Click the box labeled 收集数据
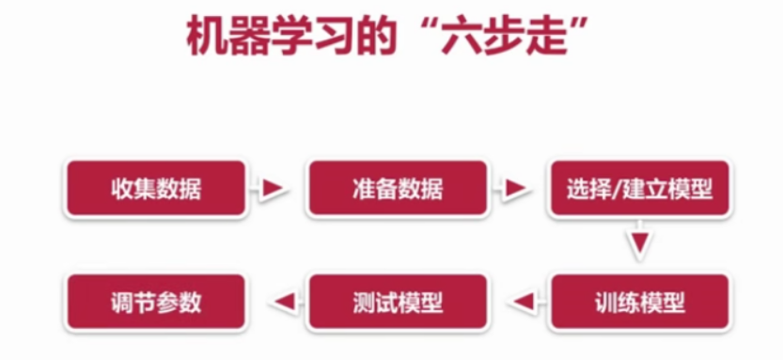pyautogui.click(x=155, y=189)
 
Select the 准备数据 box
pyautogui.click(x=398, y=189)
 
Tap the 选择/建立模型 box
pyautogui.click(x=640, y=189)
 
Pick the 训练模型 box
pyautogui.click(x=640, y=302)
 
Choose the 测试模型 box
pyautogui.click(x=398, y=302)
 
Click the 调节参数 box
pyautogui.click(x=155, y=302)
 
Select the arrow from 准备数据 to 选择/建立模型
pyautogui.click(x=516, y=189)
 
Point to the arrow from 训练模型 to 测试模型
pyautogui.click(x=520, y=302)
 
